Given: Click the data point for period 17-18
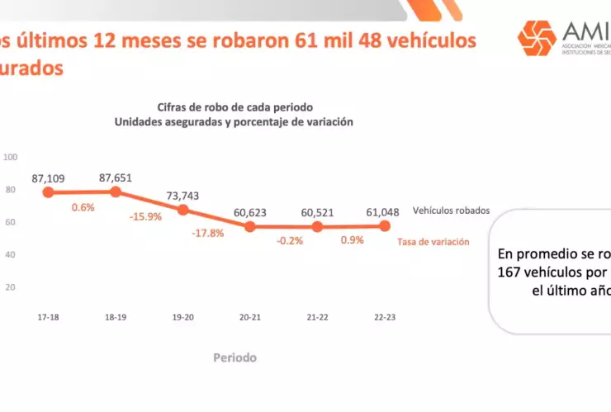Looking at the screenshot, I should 48,192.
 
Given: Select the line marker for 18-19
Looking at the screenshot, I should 116,192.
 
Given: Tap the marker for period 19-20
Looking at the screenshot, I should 182,210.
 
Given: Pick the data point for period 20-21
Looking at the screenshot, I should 250,226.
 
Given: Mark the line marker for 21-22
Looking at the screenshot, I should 317,226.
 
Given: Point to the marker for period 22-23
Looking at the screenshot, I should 385,225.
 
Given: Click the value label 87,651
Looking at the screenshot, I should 116,177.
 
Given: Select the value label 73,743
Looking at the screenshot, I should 182,195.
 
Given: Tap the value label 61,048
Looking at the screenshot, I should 384,211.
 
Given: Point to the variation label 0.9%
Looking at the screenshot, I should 353,241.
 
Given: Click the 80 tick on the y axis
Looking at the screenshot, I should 12,189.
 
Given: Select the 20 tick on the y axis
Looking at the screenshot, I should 12,287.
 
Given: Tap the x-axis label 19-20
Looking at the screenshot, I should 182,317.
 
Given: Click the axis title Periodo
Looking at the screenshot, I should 234,358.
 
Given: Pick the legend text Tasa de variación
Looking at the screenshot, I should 433,242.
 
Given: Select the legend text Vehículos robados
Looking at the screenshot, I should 451,211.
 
